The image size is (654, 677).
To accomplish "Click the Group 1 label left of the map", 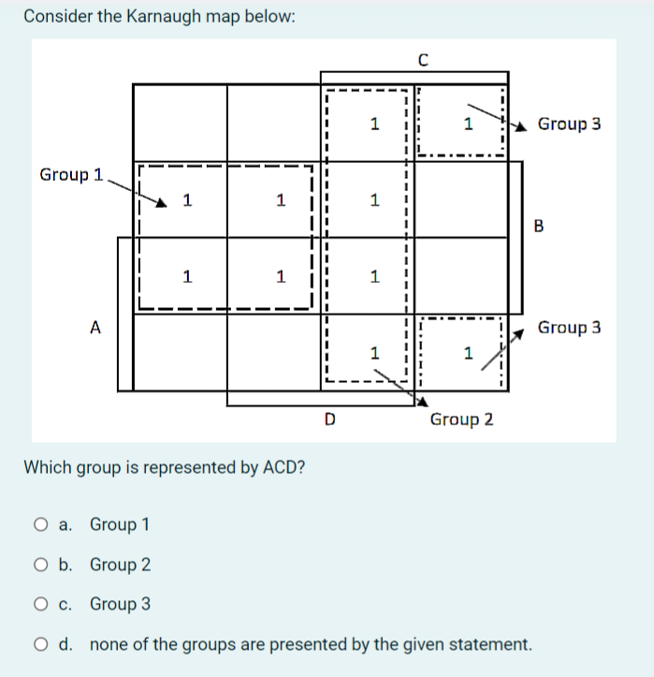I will pos(71,175).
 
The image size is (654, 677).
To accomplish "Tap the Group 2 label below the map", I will pos(461,419).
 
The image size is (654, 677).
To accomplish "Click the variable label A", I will pos(94,328).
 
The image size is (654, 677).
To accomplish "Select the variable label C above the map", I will pos(423,61).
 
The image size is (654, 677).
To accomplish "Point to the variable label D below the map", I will pos(328,419).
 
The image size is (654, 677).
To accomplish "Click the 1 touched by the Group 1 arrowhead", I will pos(187,199).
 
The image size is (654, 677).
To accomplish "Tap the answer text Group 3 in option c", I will pos(120,605).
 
